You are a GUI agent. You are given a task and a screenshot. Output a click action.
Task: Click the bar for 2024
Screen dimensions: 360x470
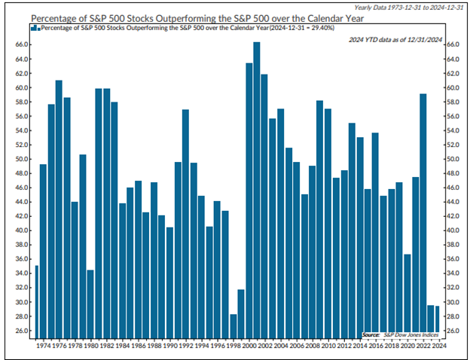point(437,321)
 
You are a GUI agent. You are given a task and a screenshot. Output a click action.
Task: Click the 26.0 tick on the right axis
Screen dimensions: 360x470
point(453,331)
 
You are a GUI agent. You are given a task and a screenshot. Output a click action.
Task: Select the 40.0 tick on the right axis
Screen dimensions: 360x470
point(453,230)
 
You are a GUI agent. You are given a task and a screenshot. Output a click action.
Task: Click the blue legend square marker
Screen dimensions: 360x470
point(35,27)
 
